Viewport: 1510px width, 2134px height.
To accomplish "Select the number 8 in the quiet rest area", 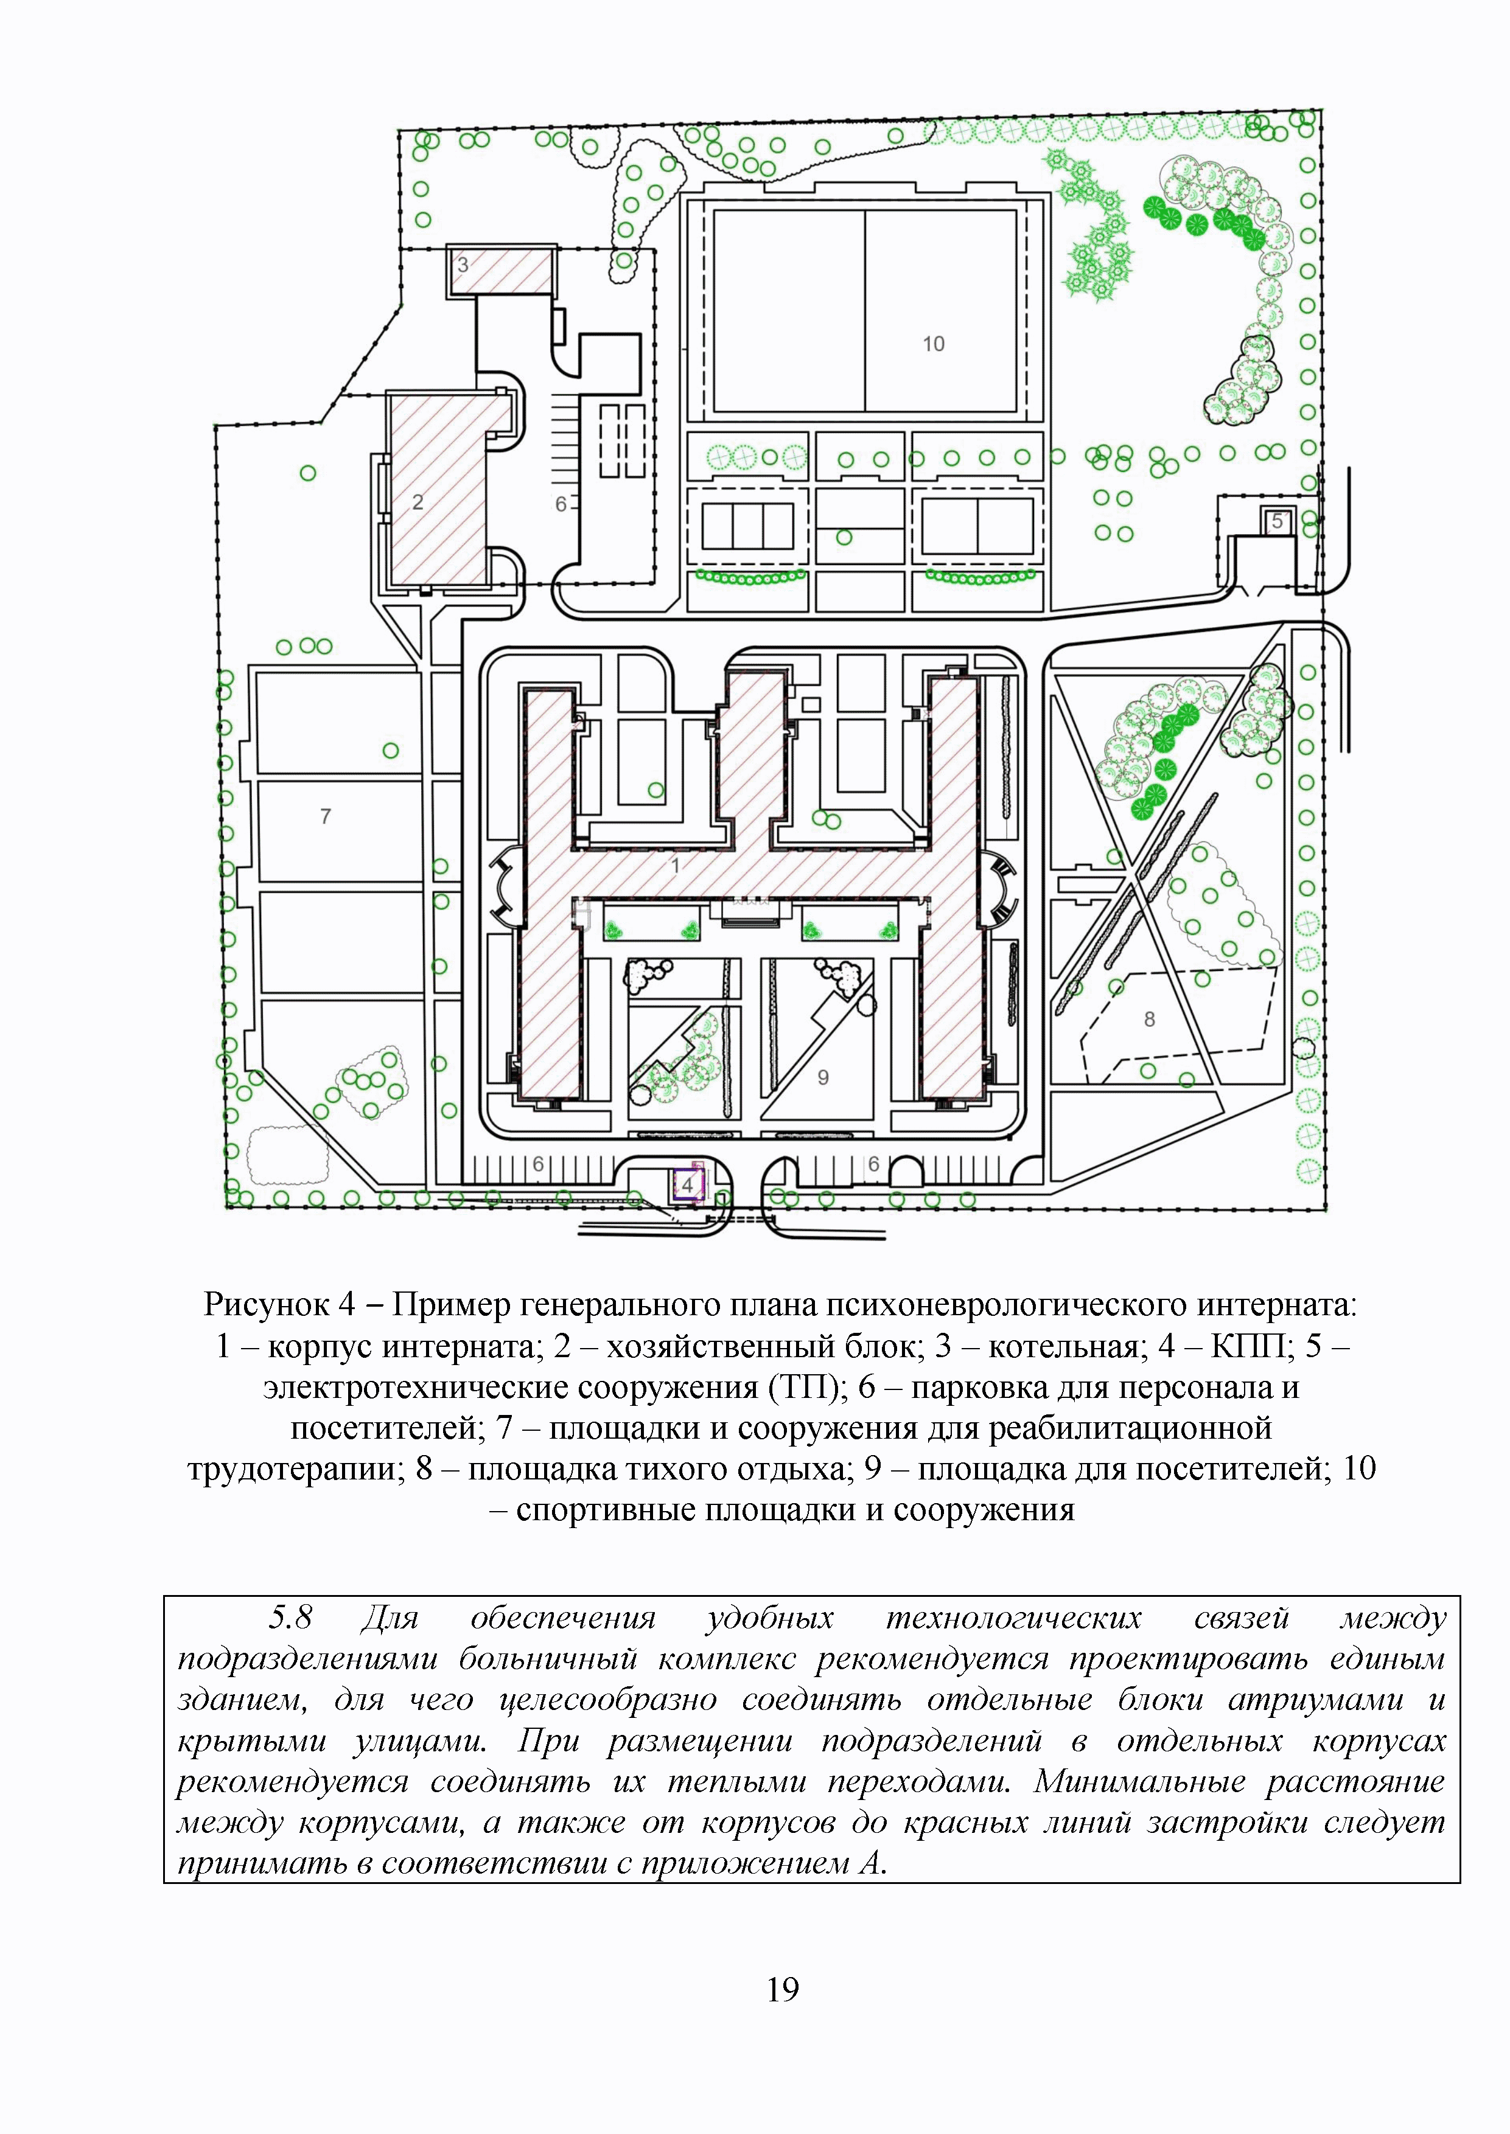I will tap(1149, 1020).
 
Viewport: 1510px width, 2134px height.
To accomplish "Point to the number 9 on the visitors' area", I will tap(823, 1078).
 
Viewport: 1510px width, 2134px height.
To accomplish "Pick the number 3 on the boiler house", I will tap(462, 265).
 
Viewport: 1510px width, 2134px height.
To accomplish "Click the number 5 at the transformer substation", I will tap(1278, 521).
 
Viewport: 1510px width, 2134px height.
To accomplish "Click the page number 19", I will tap(783, 1989).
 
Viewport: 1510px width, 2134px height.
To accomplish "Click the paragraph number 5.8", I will tap(290, 1618).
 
